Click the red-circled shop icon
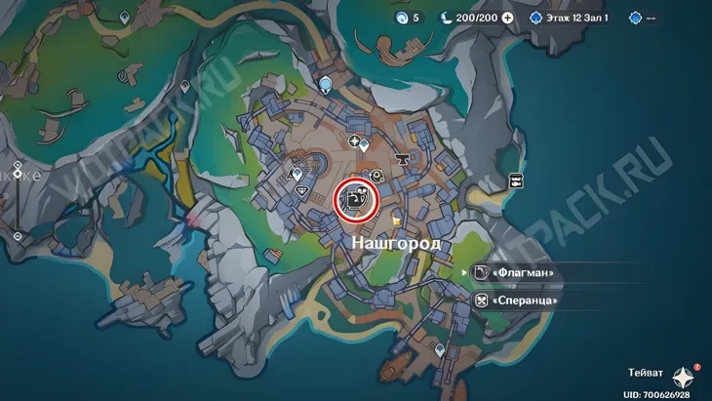tap(353, 200)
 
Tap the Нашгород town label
tap(395, 240)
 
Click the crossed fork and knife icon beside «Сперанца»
tap(481, 301)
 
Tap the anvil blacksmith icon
tap(400, 158)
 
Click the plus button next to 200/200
tap(507, 18)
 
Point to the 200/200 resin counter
tap(471, 18)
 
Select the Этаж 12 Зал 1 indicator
tap(575, 18)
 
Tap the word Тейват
tap(646, 373)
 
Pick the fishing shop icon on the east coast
tap(515, 180)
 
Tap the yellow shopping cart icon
tap(396, 217)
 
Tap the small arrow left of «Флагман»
tap(463, 274)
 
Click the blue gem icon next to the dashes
tap(636, 18)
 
